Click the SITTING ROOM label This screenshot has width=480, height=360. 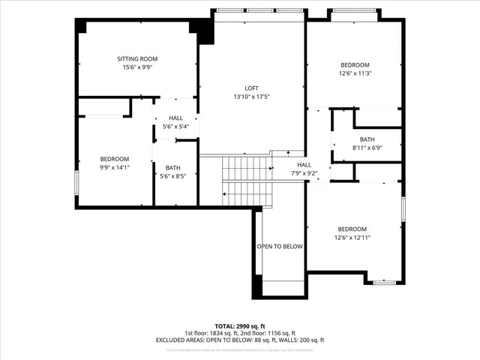click(137, 58)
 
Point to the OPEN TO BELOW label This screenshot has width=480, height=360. click(280, 246)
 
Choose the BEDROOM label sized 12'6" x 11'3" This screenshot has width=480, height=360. click(355, 64)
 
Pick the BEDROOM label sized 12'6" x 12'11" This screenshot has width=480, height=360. click(352, 229)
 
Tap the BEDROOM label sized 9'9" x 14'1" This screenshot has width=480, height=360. click(115, 158)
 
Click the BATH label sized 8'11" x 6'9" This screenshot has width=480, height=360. click(367, 139)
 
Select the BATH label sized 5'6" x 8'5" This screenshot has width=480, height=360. click(173, 167)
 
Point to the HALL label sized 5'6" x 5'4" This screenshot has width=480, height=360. click(175, 118)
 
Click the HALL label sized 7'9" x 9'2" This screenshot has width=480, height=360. click(304, 165)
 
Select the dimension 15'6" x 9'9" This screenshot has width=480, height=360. click(137, 67)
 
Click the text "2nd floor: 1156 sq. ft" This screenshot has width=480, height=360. click(268, 333)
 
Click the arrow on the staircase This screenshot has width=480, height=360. click(226, 193)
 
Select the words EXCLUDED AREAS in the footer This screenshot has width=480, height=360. click(179, 340)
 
